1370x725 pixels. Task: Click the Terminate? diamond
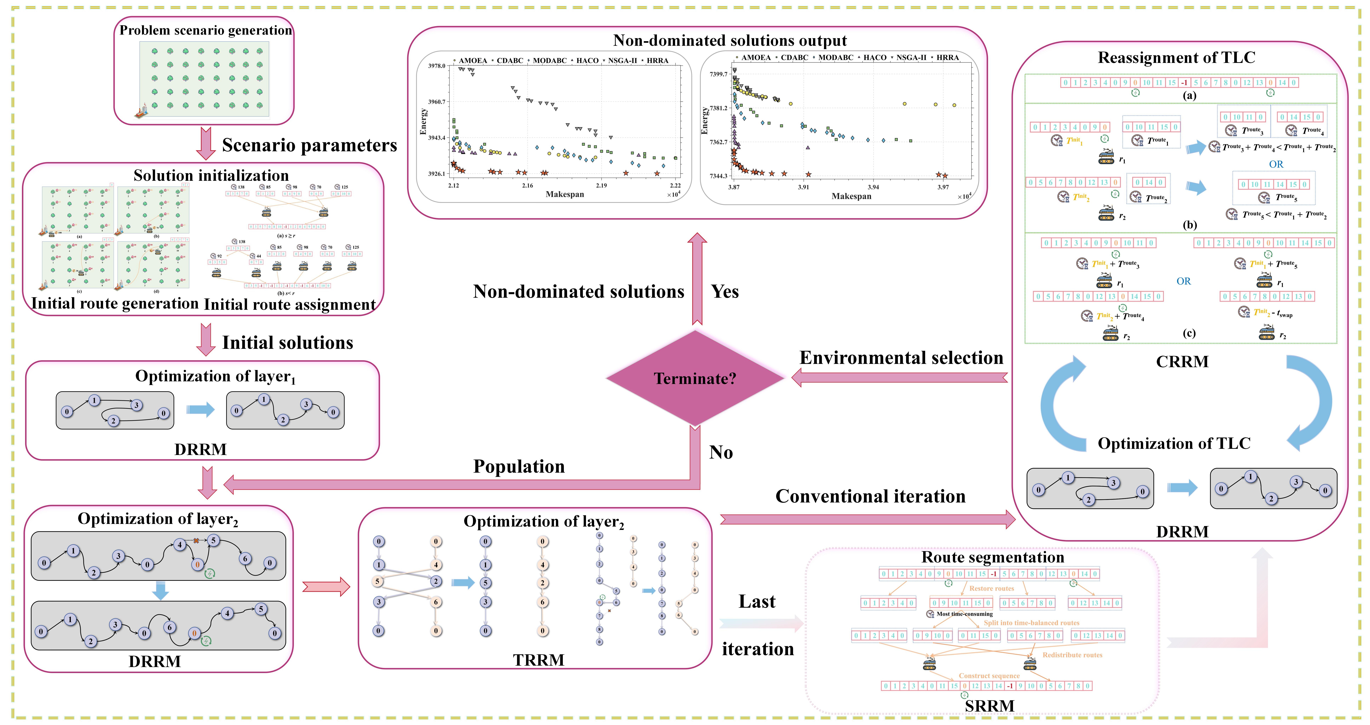click(695, 378)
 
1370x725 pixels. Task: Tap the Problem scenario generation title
click(205, 30)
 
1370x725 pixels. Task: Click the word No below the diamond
click(721, 452)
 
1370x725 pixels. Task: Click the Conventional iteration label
click(870, 496)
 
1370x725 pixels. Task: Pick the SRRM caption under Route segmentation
click(989, 706)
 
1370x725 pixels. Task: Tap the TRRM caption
click(538, 660)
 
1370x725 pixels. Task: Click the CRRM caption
click(1182, 361)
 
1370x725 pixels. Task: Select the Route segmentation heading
click(992, 557)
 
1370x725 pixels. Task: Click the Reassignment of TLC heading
click(1176, 57)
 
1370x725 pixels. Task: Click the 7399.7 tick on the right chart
click(718, 74)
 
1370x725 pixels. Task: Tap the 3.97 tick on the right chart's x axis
click(943, 187)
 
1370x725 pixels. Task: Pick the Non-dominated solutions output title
click(730, 40)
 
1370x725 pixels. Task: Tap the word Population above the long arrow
click(519, 466)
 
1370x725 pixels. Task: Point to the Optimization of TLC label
click(1174, 443)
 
